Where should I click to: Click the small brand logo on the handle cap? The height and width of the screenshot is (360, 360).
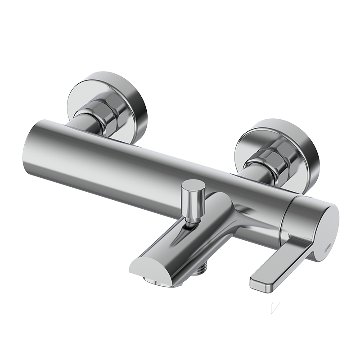point(329,245)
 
